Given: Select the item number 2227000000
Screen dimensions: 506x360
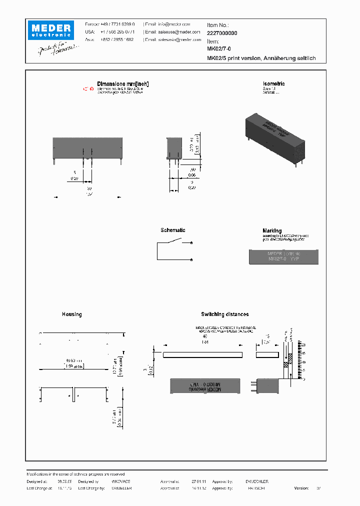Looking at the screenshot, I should [x=222, y=32].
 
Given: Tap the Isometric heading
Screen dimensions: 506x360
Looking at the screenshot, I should [x=273, y=84].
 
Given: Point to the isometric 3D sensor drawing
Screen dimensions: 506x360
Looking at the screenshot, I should [x=274, y=137].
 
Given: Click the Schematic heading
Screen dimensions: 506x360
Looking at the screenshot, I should [x=173, y=230].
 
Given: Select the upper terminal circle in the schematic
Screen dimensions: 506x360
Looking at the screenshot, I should [x=192, y=243].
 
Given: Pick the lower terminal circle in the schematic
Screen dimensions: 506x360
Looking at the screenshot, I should [x=192, y=260].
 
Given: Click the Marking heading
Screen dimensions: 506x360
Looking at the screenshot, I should [x=272, y=231].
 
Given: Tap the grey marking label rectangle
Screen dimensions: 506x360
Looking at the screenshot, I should [x=283, y=257].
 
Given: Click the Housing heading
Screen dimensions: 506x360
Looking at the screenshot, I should [x=72, y=314].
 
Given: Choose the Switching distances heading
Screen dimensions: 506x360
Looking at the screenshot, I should [x=224, y=314].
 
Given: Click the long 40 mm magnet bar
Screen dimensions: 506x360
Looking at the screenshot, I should [x=203, y=355].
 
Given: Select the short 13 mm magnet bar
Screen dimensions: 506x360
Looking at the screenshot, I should [x=266, y=355].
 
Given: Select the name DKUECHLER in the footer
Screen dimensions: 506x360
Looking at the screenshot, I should [x=257, y=481].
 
